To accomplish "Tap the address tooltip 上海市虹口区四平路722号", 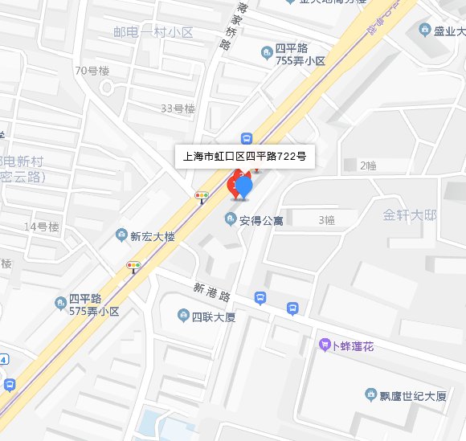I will [x=244, y=157].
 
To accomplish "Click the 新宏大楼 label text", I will [x=152, y=235].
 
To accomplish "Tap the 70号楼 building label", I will [x=92, y=70].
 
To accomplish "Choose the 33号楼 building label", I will [x=178, y=108].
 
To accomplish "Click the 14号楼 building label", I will [x=42, y=227].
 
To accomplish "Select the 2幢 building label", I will [x=368, y=165].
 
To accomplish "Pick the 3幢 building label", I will [x=326, y=219].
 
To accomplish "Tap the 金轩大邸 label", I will [x=410, y=215].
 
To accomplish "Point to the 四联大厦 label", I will [x=213, y=316].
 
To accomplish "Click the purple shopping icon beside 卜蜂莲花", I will [x=325, y=345].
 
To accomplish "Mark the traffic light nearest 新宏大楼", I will [x=133, y=266].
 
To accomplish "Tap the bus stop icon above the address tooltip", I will [x=247, y=138].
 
